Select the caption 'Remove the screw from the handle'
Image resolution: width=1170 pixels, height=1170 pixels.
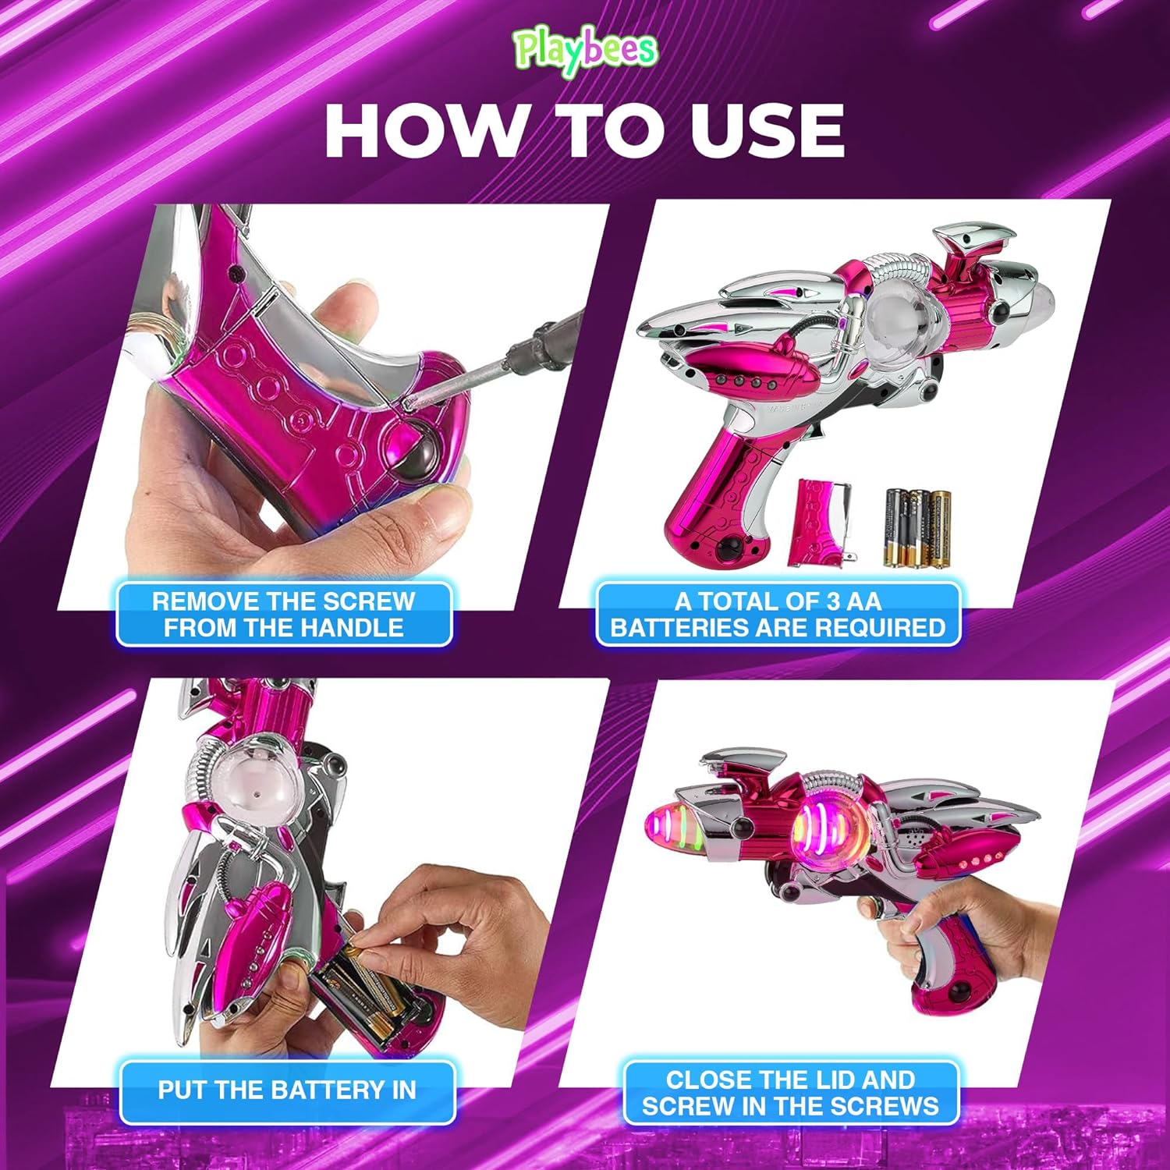pyautogui.click(x=284, y=615)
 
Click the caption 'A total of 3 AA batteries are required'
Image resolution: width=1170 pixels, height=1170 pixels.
pyautogui.click(x=778, y=615)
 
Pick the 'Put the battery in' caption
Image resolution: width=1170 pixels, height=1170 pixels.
pyautogui.click(x=287, y=1090)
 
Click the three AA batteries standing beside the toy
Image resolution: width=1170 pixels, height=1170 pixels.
pyautogui.click(x=917, y=527)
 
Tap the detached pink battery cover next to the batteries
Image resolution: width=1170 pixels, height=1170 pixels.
pyautogui.click(x=822, y=522)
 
